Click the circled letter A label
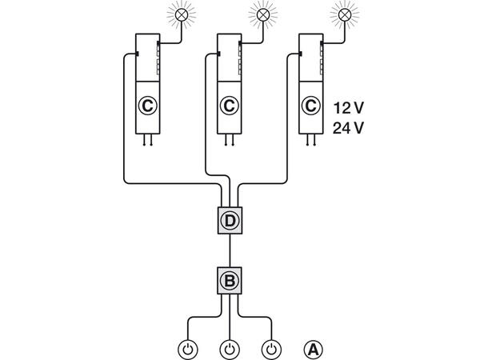[314, 349]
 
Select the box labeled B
[230, 280]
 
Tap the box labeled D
[230, 219]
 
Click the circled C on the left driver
[146, 105]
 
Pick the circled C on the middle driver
[229, 105]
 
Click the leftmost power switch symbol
[187, 349]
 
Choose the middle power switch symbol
[230, 349]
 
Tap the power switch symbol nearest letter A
[272, 349]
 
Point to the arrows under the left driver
[146, 142]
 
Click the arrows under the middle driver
[229, 142]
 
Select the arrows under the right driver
[310, 142]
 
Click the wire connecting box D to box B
[230, 250]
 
